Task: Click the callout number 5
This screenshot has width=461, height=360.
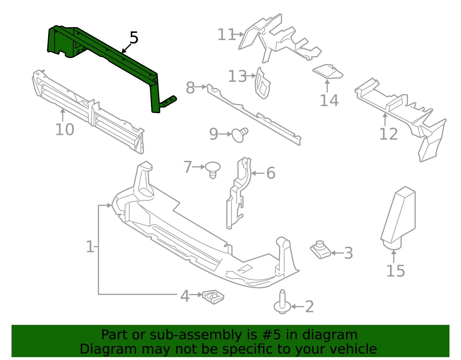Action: (134, 38)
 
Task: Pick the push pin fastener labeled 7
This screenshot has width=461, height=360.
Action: (213, 169)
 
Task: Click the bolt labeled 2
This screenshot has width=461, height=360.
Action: (282, 303)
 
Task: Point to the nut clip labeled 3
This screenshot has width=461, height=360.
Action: (320, 250)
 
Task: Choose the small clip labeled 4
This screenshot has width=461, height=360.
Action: (213, 297)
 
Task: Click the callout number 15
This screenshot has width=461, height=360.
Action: (395, 271)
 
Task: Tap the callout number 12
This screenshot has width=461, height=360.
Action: (388, 134)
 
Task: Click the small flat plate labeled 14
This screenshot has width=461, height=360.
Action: (328, 71)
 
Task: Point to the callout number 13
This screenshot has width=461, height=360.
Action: (237, 76)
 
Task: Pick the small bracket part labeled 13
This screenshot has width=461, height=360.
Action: (262, 84)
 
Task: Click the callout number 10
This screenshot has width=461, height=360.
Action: (65, 129)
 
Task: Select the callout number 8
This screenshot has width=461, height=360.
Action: (190, 88)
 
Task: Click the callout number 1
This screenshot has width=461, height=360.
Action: (90, 247)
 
